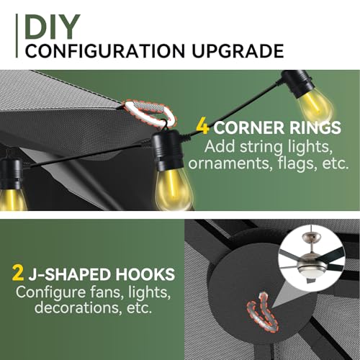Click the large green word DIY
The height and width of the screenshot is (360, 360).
[x=52, y=27]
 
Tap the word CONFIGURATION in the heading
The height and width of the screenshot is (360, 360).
[x=105, y=51]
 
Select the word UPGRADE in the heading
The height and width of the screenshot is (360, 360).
[x=238, y=51]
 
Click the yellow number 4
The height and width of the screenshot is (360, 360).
[x=202, y=127]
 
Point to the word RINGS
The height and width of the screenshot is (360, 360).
[x=315, y=127]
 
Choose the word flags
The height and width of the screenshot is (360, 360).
[x=297, y=163]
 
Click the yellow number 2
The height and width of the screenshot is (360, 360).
[x=18, y=274]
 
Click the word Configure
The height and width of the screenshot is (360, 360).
[x=50, y=292]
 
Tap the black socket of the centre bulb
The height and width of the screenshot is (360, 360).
[x=167, y=150]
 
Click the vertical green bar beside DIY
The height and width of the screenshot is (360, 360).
[x=17, y=35]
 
